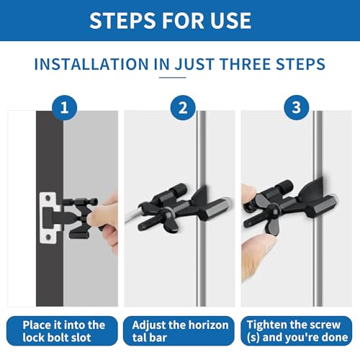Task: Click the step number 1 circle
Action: (x=64, y=107)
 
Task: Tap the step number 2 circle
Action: (x=183, y=107)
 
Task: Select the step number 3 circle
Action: (x=297, y=107)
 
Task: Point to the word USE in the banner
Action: (x=230, y=21)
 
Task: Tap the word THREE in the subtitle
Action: (x=246, y=64)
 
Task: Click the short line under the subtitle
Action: (x=173, y=78)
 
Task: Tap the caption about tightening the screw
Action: (x=297, y=331)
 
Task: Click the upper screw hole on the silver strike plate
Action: (x=48, y=199)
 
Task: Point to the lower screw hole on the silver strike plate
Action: (x=48, y=238)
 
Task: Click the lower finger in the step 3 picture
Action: (x=257, y=254)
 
